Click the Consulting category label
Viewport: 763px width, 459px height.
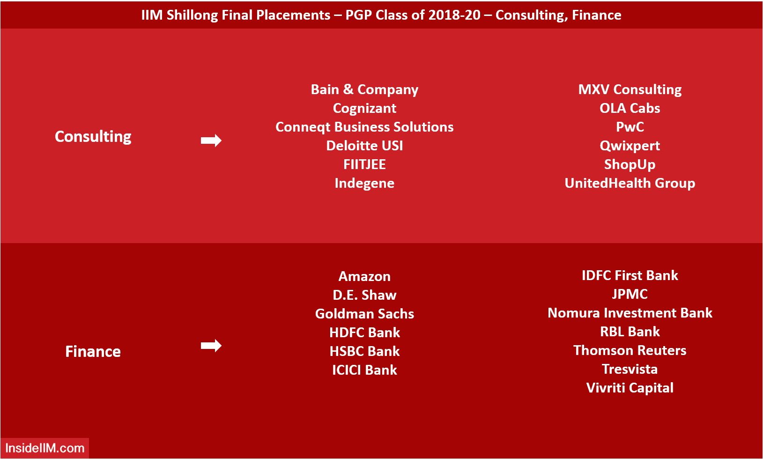93,137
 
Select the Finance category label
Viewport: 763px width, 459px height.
93,351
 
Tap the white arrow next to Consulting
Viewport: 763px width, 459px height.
211,141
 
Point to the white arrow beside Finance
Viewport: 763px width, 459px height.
211,346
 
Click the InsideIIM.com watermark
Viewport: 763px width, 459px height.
44,448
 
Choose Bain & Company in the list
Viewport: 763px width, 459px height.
364,89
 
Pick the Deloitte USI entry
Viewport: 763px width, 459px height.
364,146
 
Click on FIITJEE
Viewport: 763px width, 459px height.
364,164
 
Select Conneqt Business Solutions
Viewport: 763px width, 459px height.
364,127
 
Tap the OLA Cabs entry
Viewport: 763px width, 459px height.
630,108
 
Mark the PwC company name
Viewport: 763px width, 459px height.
630,127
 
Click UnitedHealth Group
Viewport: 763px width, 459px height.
630,183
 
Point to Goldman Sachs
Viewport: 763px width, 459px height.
364,314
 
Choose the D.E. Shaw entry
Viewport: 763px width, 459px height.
364,295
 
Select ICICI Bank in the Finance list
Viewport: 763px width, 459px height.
364,370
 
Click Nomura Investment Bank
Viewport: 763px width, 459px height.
630,313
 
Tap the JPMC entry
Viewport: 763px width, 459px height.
630,294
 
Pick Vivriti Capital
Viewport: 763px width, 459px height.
630,388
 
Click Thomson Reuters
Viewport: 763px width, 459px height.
630,350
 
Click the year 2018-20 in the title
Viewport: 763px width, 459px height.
454,15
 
